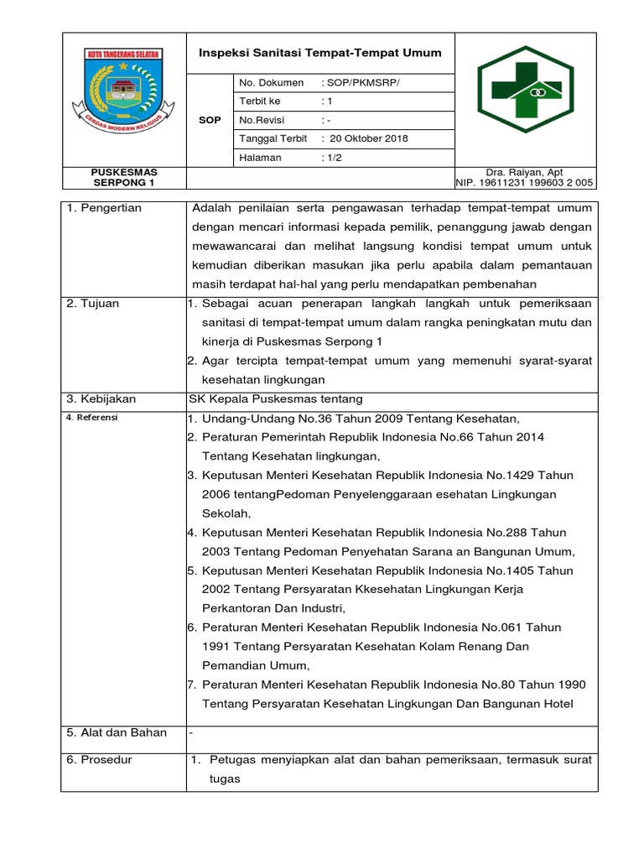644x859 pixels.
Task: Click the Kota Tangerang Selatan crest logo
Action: (123, 96)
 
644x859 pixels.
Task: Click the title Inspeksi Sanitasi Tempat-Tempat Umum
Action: (319, 53)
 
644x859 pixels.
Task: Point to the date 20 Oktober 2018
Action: (369, 138)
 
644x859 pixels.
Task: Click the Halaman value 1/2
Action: (333, 157)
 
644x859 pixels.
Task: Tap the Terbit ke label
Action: (259, 102)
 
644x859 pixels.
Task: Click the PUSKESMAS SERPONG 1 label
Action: (123, 177)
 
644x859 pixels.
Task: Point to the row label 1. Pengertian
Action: (104, 208)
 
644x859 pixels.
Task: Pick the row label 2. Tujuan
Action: (93, 304)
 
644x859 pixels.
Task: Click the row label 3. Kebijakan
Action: (101, 399)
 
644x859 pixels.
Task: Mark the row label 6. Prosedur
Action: (99, 760)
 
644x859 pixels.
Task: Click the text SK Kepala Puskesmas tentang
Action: (277, 399)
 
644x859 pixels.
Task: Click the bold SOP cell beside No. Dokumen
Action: (210, 120)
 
